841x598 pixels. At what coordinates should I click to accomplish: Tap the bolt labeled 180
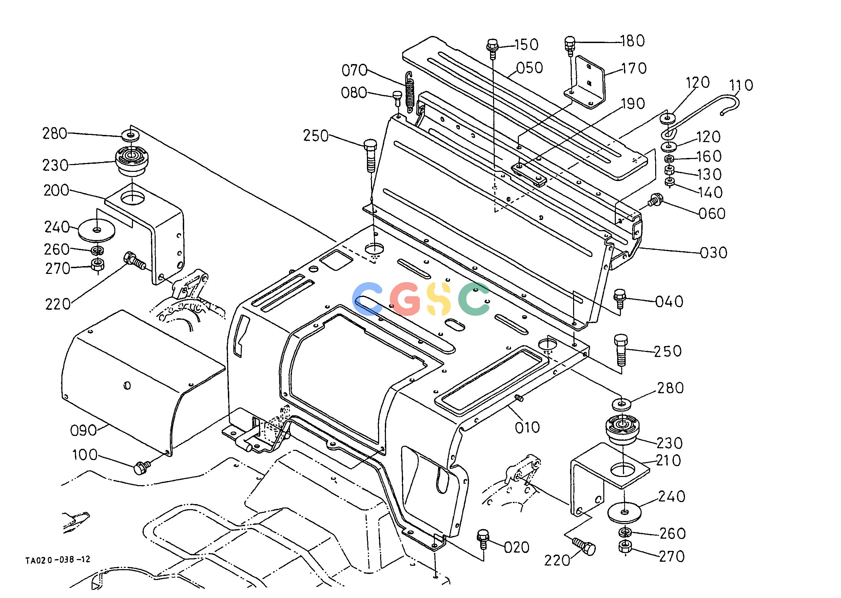point(569,45)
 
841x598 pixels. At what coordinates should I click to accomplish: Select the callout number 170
point(634,68)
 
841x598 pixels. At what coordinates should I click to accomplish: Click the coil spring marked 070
point(410,94)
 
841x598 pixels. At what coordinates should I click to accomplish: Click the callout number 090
point(84,431)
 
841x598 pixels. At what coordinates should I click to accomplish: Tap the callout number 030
point(713,253)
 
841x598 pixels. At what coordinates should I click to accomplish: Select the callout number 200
point(56,191)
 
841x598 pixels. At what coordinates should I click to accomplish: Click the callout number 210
point(669,461)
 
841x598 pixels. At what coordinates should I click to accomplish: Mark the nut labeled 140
point(670,182)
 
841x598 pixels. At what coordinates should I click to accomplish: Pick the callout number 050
point(530,68)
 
